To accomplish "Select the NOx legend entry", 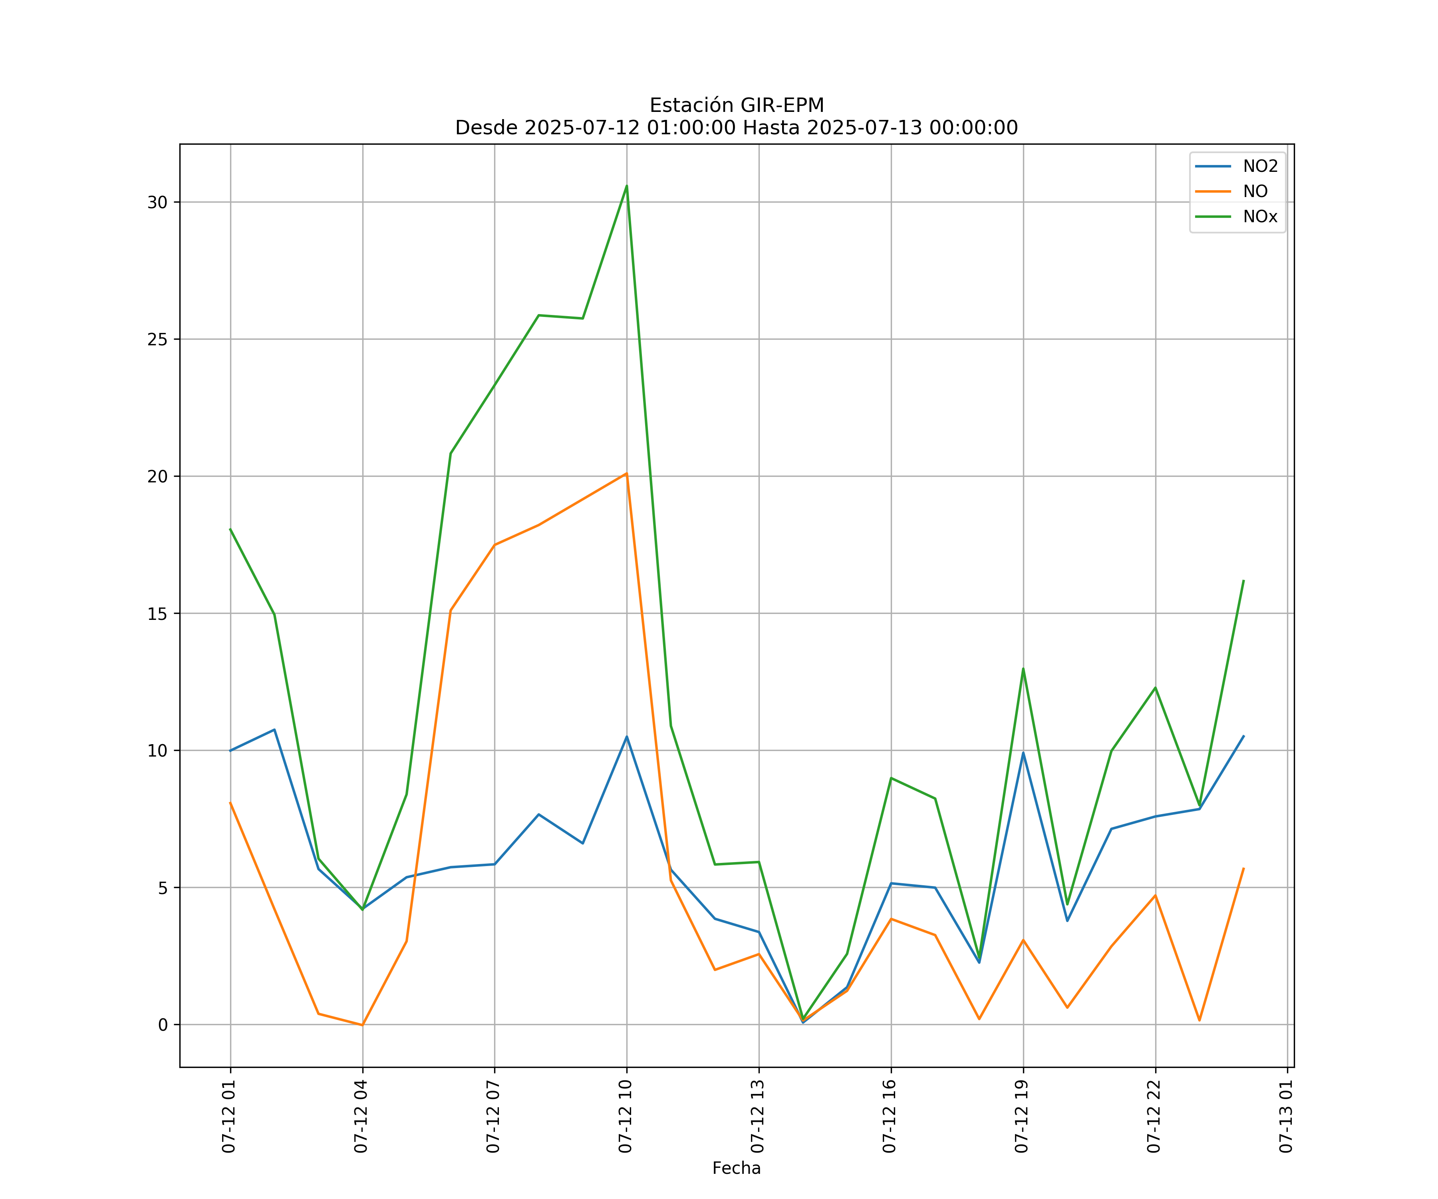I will (1260, 217).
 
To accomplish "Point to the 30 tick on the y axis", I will (157, 202).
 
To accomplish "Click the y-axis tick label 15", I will (157, 613).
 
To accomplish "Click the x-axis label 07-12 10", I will (625, 1116).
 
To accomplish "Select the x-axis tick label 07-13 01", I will (1286, 1116).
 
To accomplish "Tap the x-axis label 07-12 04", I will (361, 1116).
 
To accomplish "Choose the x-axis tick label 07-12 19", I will (1022, 1116).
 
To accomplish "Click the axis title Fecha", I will (736, 1168).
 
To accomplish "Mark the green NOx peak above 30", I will (627, 186).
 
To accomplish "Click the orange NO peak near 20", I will (627, 474).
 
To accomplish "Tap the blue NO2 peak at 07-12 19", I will (1023, 753).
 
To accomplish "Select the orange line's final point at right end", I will (1243, 868).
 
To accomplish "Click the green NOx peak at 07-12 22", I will (1155, 687).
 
